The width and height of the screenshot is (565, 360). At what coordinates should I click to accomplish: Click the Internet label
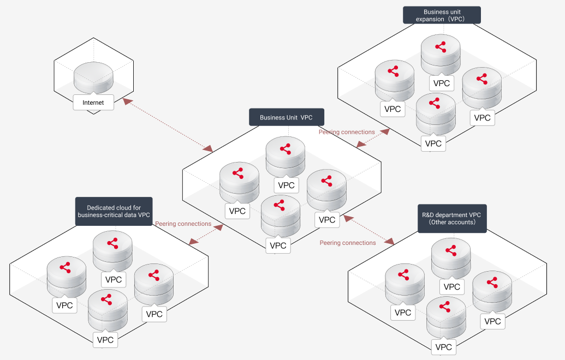(93, 103)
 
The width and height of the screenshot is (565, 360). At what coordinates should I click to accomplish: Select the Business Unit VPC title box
(287, 117)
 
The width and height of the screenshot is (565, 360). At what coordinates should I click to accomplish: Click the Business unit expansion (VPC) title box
(442, 15)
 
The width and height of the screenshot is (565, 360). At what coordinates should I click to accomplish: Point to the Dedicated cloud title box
(114, 211)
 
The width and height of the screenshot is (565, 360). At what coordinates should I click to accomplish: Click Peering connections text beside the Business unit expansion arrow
(347, 132)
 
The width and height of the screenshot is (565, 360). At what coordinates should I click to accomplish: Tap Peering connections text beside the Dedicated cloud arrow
(183, 224)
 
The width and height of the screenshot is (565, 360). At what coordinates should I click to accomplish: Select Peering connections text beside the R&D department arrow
(348, 243)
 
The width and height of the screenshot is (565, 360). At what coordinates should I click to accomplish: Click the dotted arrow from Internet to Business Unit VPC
(167, 124)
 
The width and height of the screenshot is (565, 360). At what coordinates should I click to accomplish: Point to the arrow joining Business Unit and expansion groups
(373, 139)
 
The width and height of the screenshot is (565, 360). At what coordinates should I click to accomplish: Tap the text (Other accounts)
(452, 223)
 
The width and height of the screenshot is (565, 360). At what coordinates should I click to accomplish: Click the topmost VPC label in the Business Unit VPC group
(286, 185)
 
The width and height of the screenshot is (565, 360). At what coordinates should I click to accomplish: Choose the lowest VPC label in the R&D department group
(444, 347)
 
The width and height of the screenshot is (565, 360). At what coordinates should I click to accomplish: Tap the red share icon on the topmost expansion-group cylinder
(441, 47)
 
